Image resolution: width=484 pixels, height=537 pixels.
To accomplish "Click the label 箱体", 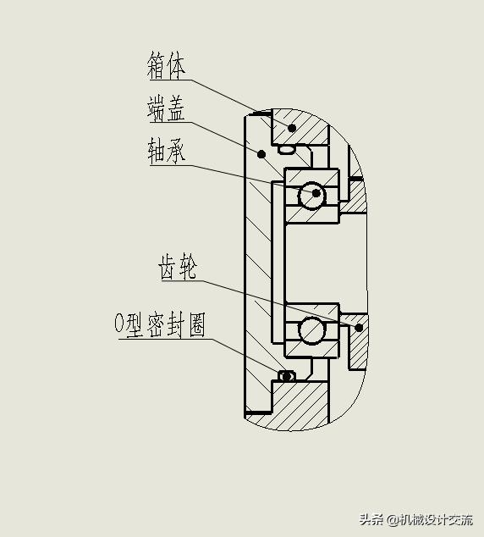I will (x=166, y=65).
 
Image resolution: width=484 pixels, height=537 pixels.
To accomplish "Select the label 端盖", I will (x=166, y=108).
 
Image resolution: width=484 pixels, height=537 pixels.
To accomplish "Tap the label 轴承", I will (x=166, y=152).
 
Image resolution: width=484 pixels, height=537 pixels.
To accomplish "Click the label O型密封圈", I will (x=160, y=325).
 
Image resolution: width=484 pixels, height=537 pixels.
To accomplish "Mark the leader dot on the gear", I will (x=360, y=327).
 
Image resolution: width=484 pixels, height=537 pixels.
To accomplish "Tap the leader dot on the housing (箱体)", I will (x=292, y=129).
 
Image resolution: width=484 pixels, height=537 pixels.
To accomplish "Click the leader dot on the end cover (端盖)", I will (x=261, y=154).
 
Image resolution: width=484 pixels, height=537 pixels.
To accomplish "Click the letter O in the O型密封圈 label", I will (x=119, y=325).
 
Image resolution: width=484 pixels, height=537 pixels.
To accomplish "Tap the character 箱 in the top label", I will (x=156, y=65).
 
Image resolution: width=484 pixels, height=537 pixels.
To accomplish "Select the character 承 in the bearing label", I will (x=176, y=152).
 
